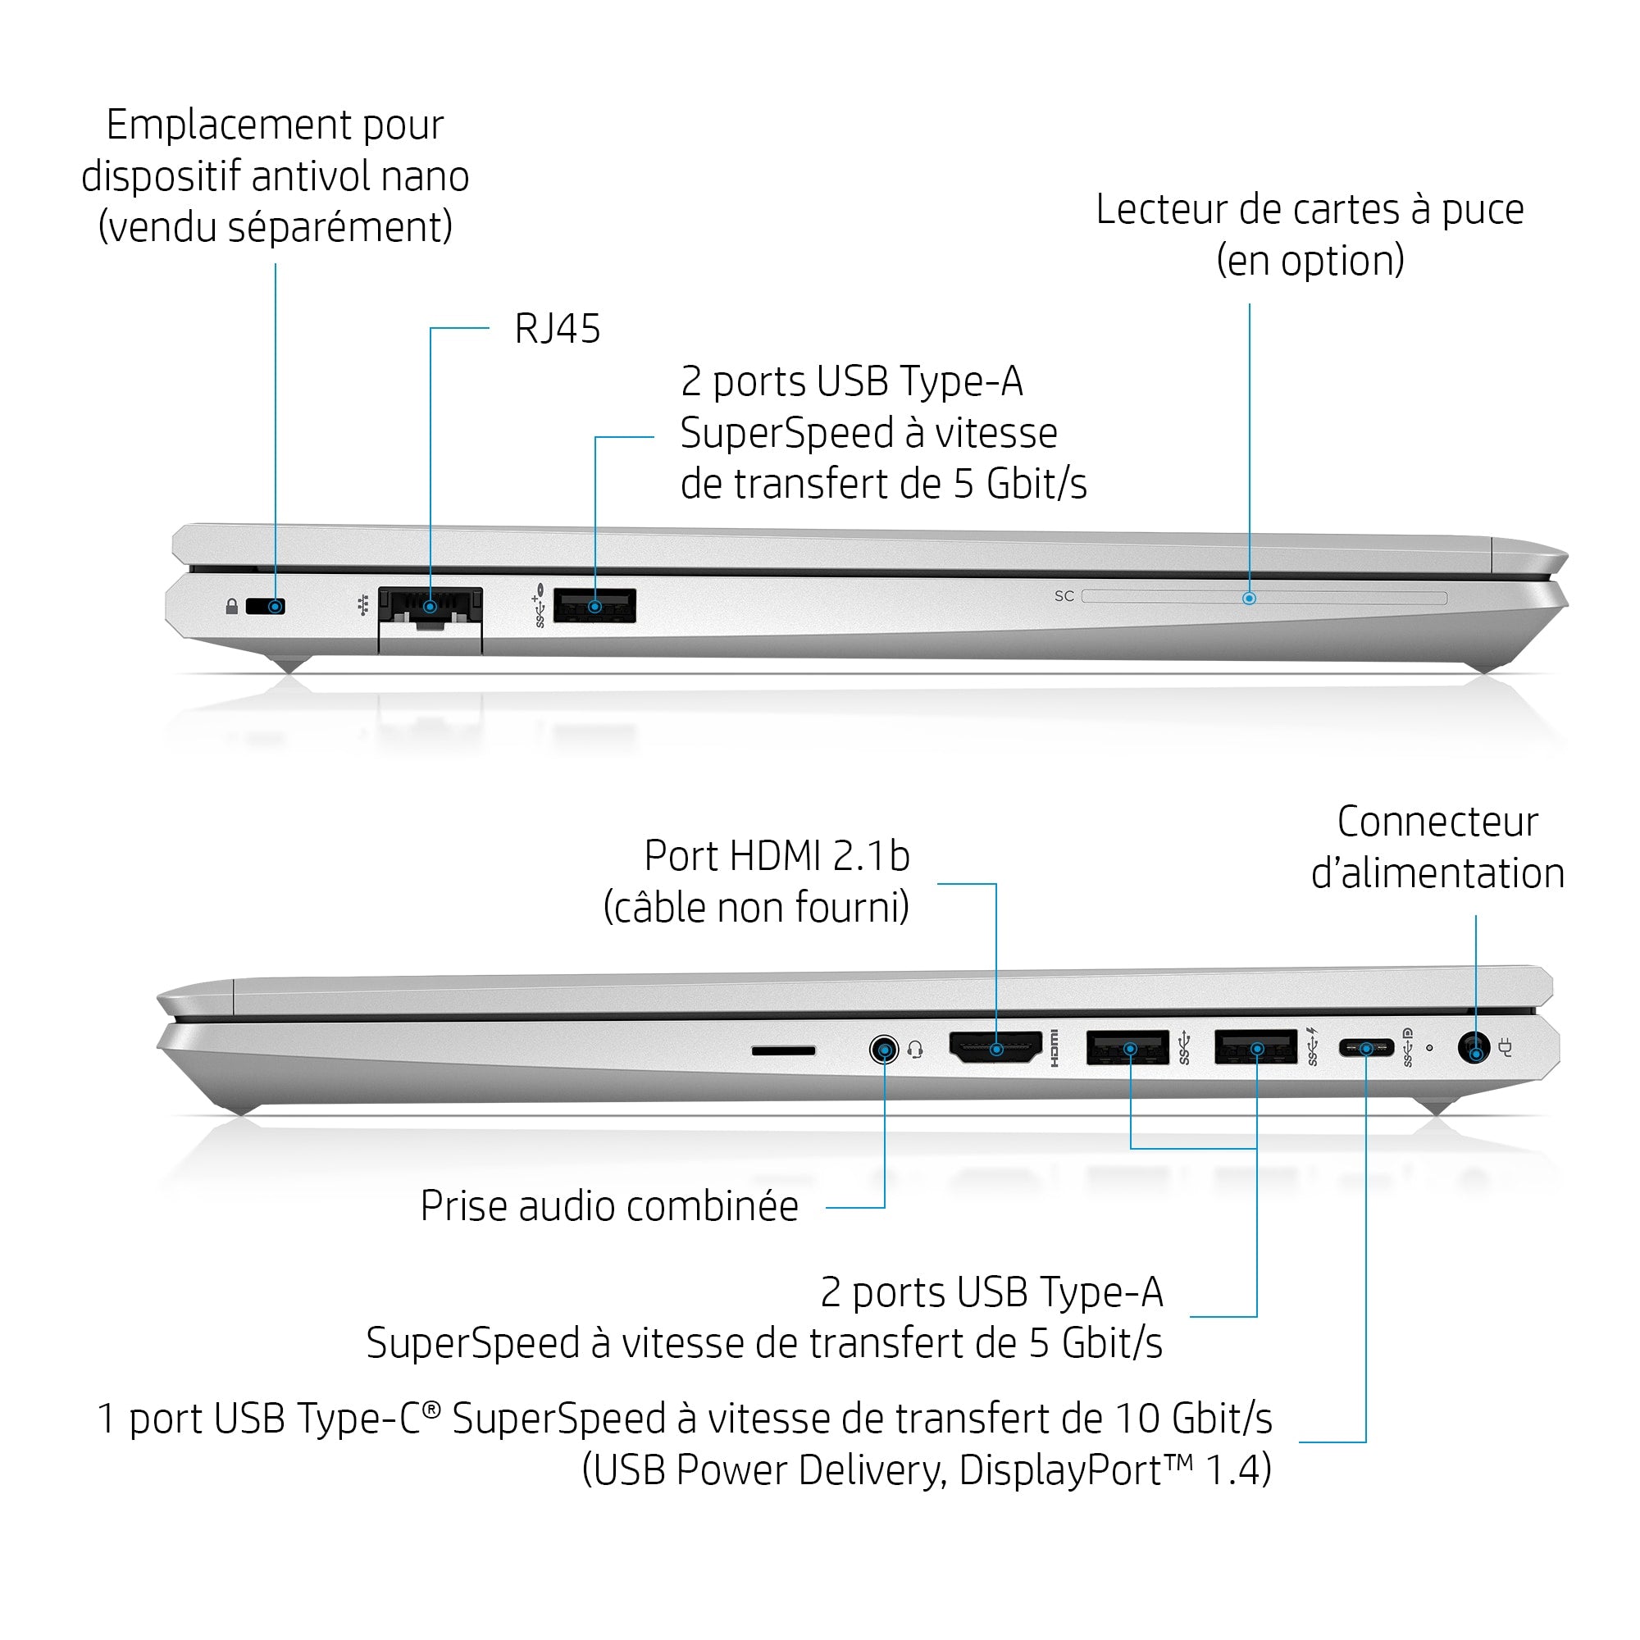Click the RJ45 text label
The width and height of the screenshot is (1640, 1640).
[x=557, y=329]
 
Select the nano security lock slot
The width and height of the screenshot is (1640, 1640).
[x=266, y=606]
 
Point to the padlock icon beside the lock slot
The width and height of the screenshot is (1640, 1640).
[x=232, y=606]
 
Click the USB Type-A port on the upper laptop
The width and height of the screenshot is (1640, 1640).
[x=594, y=605]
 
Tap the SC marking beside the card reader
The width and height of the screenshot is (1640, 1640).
[x=1064, y=597]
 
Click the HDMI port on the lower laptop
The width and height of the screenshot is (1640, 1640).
[x=995, y=1047]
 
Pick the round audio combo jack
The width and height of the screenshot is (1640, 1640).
[x=885, y=1050]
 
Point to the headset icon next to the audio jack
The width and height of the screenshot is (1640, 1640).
[x=915, y=1051]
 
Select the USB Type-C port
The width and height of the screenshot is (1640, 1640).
[x=1366, y=1048]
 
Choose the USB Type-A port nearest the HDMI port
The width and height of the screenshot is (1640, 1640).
[x=1128, y=1047]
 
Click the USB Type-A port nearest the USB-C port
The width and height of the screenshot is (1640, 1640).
[x=1256, y=1046]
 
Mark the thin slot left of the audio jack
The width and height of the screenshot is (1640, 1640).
[x=783, y=1051]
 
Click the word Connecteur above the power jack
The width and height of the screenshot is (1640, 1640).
[x=1437, y=822]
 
